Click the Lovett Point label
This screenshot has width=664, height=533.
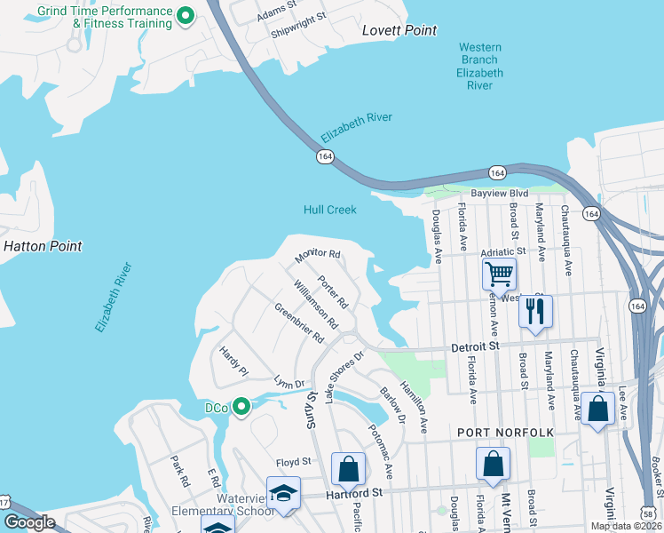pos(399,30)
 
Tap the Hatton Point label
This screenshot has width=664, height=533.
pos(43,246)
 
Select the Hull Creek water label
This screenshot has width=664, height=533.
pos(329,210)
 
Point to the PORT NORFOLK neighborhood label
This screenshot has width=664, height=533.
pos(505,432)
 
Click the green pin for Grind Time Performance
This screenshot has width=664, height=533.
pos(186,15)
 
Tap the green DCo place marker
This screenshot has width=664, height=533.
pos(241,407)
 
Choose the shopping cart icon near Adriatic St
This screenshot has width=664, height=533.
pos(500,274)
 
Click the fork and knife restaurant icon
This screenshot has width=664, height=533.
pos(535,312)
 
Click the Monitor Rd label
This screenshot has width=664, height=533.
pos(319,255)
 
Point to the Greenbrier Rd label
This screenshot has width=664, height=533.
pos(299,323)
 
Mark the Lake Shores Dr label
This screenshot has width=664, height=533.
pos(345,377)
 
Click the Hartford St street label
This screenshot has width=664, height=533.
pos(353,491)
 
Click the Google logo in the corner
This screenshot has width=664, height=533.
pos(29,522)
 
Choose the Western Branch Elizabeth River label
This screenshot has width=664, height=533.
pos(480,67)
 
